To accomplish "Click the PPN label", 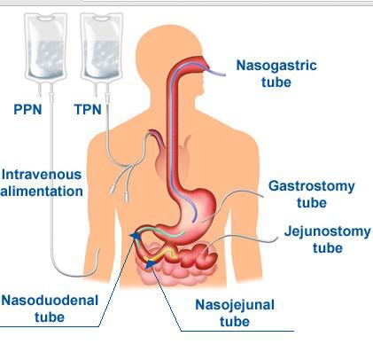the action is pos(27,109).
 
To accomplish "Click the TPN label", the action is pos(88,109).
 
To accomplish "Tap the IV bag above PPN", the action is pos(45,47).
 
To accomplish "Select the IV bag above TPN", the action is pos(102,47).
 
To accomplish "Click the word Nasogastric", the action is pos(276,66).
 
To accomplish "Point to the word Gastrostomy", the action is pos(312,186).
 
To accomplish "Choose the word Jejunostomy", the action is pos(327,231).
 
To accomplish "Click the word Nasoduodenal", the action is pos(50,301).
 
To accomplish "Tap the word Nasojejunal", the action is pos(235,305).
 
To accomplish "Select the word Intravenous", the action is pos(42,175).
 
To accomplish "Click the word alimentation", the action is pos(42,192).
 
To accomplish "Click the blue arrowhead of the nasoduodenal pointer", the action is pos(136,236).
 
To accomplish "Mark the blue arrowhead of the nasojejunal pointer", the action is pos(152,263).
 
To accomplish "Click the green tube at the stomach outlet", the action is pos(161,231).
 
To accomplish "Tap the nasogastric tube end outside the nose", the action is pos(219,73).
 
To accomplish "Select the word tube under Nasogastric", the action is pos(276,82).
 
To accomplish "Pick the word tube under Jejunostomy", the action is pos(328,247).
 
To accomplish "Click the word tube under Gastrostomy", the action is pos(312,203).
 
